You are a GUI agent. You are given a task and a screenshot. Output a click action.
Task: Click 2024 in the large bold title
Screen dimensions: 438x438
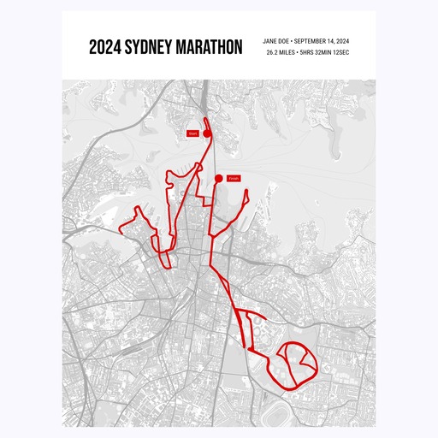(105, 46)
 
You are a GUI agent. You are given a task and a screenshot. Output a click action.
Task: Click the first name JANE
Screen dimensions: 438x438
(270, 41)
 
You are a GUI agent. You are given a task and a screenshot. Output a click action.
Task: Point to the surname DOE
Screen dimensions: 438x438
(286, 41)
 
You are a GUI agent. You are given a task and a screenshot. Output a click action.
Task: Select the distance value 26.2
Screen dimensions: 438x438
(273, 53)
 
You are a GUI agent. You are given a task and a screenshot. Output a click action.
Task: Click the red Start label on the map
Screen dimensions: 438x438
(193, 133)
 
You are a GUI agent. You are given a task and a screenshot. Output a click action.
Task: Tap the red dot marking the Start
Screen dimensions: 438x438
(206, 133)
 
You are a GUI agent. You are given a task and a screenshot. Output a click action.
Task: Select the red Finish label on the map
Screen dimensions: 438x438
(234, 178)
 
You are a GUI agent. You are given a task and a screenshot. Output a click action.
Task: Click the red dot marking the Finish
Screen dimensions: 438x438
(219, 178)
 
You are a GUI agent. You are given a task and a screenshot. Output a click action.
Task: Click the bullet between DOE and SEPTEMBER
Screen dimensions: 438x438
(293, 41)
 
